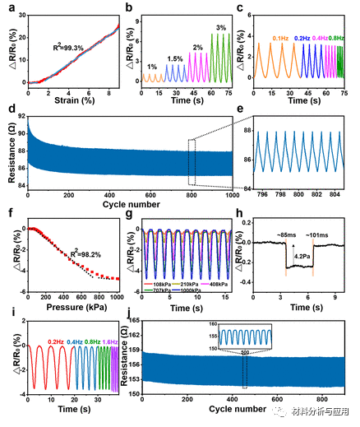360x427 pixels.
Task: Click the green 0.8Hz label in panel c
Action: pos(337,38)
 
